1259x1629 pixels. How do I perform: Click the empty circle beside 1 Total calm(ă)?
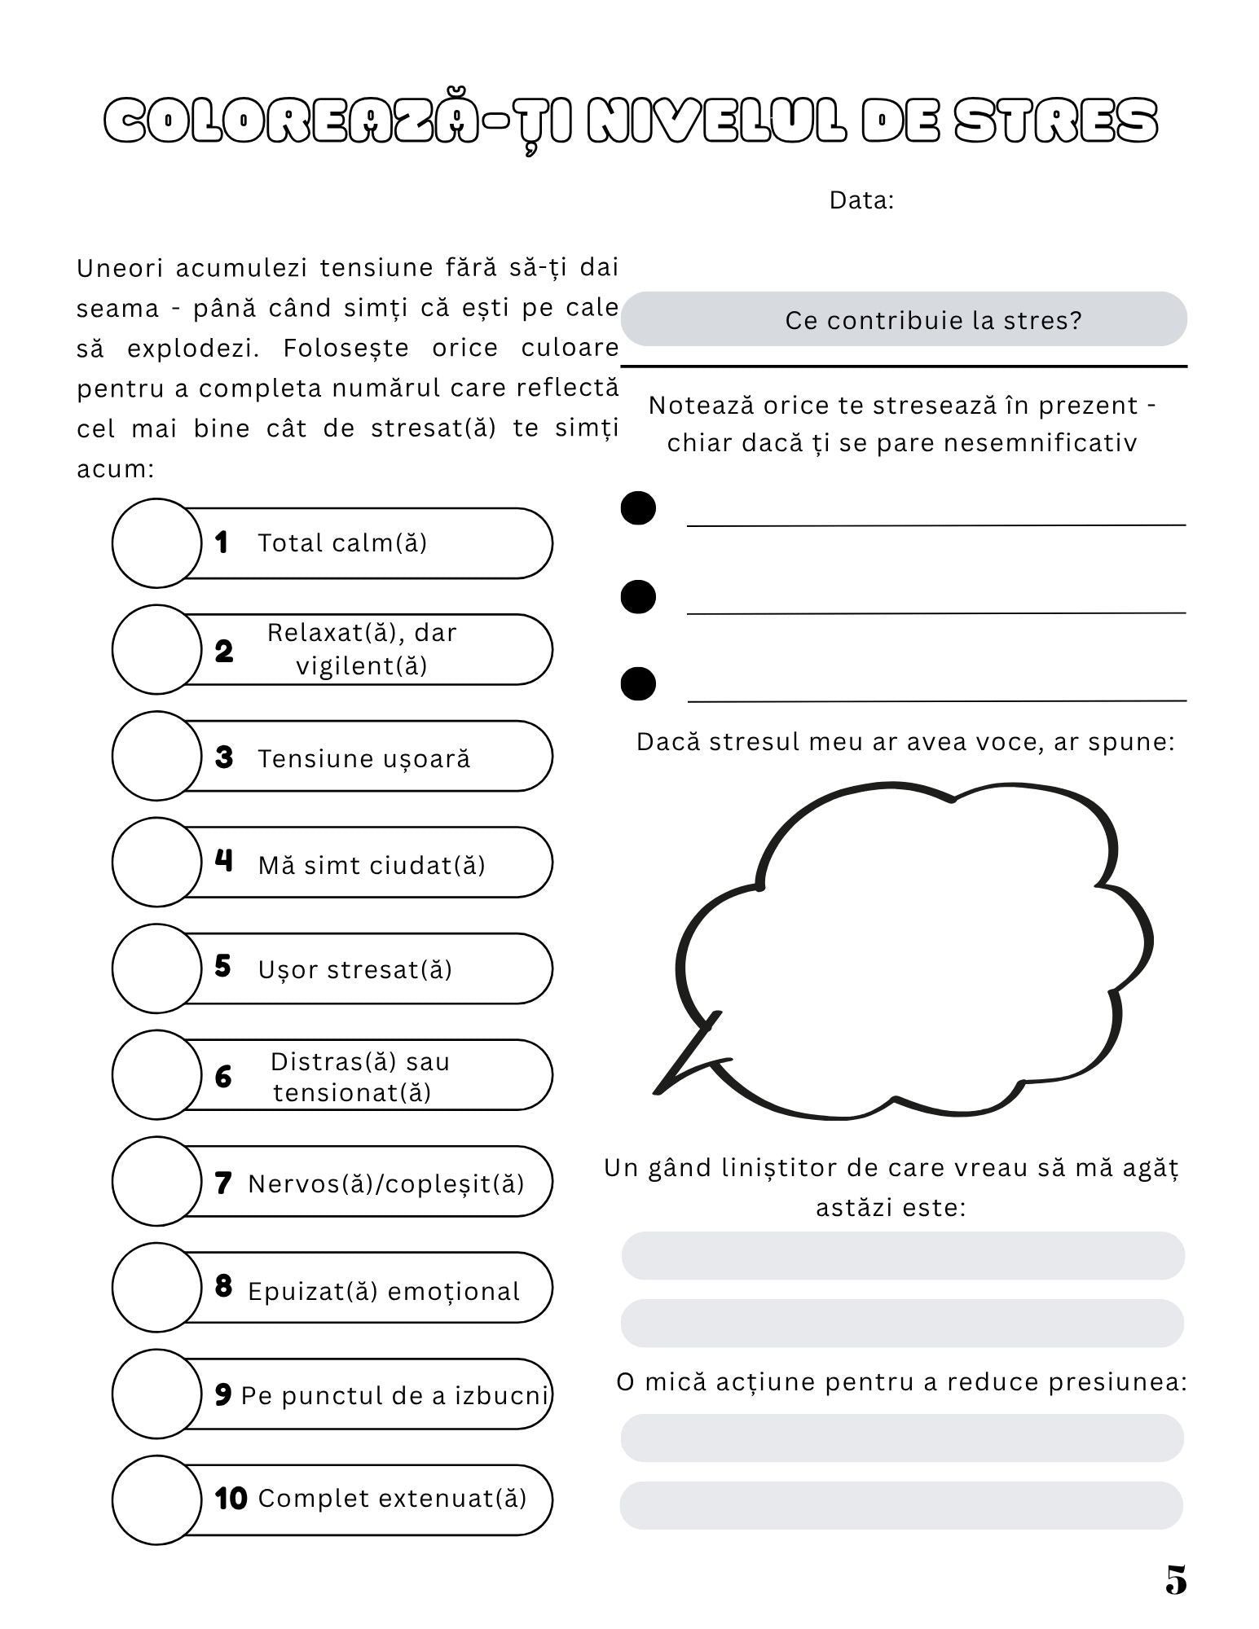point(156,542)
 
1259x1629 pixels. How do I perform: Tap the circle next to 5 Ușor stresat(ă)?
point(156,968)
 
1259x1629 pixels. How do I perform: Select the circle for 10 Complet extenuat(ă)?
point(156,1499)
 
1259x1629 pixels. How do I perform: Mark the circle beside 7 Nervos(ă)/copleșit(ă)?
point(156,1181)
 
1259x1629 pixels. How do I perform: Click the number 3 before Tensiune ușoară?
point(224,757)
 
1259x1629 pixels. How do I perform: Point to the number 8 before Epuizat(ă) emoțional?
point(223,1286)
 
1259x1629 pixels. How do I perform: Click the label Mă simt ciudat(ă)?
point(372,864)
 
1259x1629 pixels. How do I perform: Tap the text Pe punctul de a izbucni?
point(394,1395)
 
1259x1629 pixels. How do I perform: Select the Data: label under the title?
point(861,200)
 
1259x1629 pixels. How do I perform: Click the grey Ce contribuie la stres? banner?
point(903,319)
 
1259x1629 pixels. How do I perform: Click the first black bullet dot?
point(638,508)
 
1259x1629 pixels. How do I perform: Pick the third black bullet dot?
point(638,683)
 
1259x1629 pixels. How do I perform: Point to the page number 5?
point(1176,1580)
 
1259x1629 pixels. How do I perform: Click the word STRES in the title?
point(1055,122)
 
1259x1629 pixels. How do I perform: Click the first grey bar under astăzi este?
point(902,1255)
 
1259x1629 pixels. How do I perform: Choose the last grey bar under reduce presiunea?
point(900,1505)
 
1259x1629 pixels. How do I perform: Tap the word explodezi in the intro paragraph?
point(192,348)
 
